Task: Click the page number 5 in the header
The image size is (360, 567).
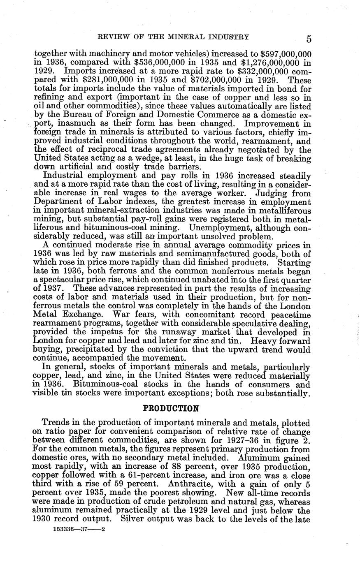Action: pos(309,39)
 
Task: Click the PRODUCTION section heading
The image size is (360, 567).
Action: pos(171,408)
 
